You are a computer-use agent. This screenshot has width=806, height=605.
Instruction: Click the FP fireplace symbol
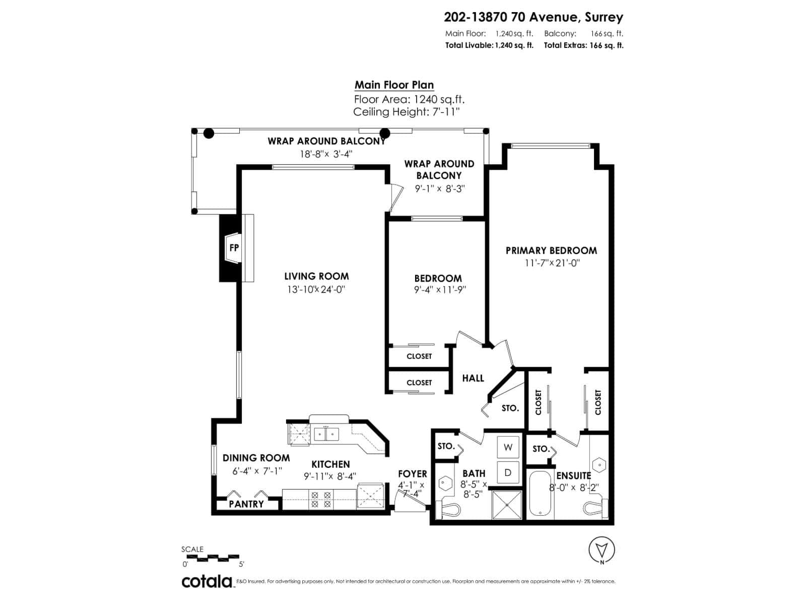[233, 248]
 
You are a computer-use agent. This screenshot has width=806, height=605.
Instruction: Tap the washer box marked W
[508, 447]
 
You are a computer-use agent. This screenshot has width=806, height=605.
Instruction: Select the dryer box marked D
[508, 472]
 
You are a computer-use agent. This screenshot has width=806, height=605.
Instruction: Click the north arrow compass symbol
[601, 550]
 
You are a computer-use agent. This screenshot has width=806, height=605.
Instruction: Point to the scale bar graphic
[213, 557]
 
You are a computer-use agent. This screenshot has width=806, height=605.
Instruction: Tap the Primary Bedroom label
[551, 251]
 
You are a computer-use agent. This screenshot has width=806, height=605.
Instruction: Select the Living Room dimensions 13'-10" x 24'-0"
[316, 289]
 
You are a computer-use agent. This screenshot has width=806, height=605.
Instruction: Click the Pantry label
[246, 504]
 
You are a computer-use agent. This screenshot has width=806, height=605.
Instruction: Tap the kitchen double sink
[326, 434]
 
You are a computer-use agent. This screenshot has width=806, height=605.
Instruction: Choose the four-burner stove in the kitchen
[321, 499]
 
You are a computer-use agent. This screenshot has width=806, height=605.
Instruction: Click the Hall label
[473, 378]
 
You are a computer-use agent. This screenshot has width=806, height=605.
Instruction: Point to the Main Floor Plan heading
[394, 85]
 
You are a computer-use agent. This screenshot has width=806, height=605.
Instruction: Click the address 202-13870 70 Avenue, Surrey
[533, 17]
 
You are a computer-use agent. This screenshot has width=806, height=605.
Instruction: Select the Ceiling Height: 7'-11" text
[406, 112]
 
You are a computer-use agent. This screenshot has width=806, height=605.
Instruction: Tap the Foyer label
[412, 474]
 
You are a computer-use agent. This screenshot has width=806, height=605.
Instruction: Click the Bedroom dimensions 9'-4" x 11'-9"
[438, 290]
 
